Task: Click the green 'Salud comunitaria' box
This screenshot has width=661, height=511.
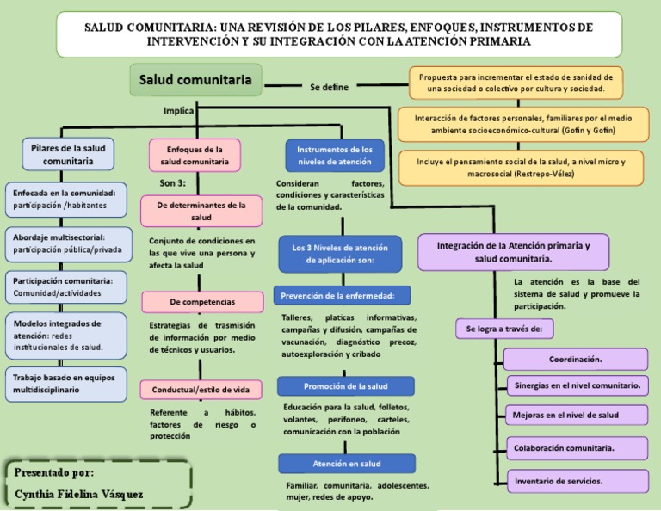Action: [x=195, y=81]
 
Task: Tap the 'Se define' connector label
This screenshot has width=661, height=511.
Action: [x=330, y=87]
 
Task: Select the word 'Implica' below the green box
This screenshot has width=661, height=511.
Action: [x=178, y=110]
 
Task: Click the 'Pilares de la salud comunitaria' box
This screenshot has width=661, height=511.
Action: [x=68, y=154]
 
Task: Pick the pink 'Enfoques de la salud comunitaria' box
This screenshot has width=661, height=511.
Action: [x=195, y=155]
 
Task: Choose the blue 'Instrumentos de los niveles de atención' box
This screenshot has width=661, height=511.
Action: [x=334, y=155]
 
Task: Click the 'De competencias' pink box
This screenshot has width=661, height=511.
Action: [x=202, y=302]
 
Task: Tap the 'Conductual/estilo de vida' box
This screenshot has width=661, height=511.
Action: [x=201, y=390]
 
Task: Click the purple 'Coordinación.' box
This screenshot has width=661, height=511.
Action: [x=575, y=359]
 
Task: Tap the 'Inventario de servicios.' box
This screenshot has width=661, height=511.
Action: [x=575, y=480]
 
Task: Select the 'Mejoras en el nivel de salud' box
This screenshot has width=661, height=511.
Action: [x=575, y=415]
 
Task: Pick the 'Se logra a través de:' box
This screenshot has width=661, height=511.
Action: [x=504, y=329]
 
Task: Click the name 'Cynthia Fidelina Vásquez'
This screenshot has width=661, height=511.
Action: [x=79, y=494]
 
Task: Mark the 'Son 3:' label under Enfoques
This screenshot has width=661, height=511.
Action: [x=172, y=183]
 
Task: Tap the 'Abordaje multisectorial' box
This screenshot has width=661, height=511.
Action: [x=68, y=243]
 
